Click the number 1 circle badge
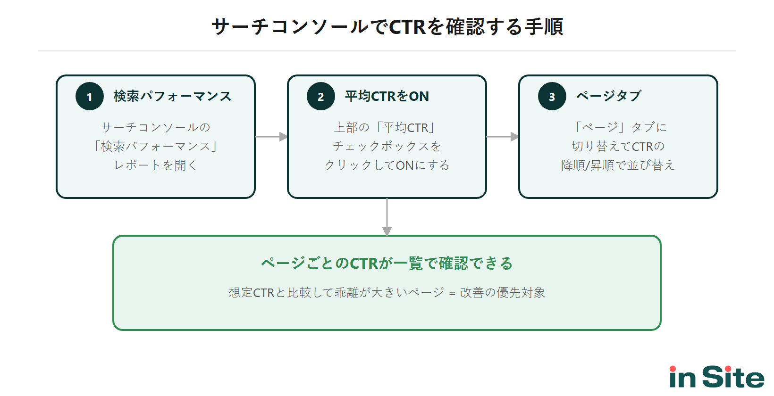[90, 96]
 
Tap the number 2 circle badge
[321, 96]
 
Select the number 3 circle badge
[552, 96]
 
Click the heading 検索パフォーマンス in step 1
[172, 96]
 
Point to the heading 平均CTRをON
[387, 96]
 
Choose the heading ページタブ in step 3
[609, 96]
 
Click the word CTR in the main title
[407, 27]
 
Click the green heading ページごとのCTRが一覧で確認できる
[387, 263]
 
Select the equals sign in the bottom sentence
[452, 293]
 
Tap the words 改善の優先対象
[503, 293]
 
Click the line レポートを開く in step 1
[156, 165]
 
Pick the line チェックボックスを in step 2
[387, 146]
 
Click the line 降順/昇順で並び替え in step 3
[618, 165]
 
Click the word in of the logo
[682, 377]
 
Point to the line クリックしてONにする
[387, 165]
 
